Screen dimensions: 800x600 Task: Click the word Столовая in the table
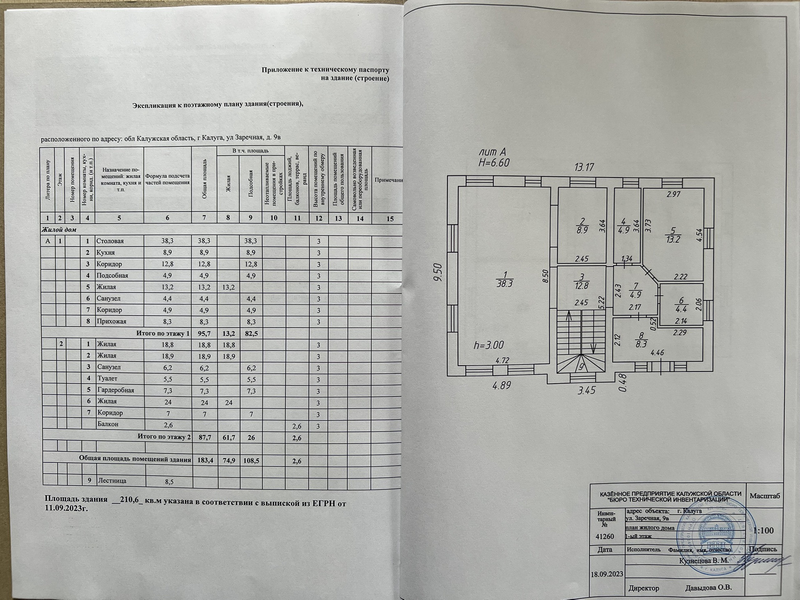[x=110, y=241]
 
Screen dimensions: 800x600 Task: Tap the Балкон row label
[x=108, y=424]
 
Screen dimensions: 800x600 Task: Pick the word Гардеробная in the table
[x=115, y=390]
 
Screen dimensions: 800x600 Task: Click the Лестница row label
[x=112, y=481]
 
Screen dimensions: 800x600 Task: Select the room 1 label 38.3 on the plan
[x=505, y=280]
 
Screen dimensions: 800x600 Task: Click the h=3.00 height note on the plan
[x=489, y=345]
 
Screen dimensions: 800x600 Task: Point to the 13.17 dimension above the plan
[x=584, y=168]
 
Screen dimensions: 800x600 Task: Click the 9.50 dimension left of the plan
[x=437, y=273]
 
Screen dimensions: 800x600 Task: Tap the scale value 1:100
[x=764, y=531]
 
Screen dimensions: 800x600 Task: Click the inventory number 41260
[x=605, y=537]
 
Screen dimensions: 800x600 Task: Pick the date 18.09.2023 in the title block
[x=607, y=574]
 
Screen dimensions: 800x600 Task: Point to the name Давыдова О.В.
[x=708, y=588]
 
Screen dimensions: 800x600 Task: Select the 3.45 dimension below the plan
[x=586, y=390]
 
